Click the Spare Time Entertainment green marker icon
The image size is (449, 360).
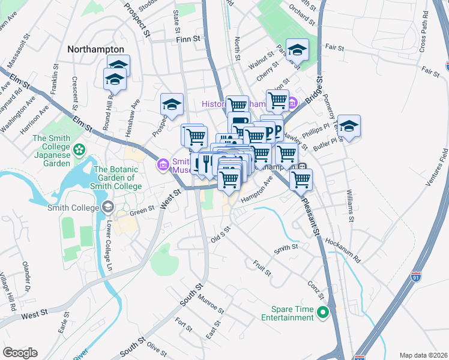click(323, 312)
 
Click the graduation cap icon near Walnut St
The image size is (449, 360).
click(297, 50)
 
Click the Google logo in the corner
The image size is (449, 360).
click(20, 353)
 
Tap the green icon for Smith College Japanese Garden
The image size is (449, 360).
click(79, 148)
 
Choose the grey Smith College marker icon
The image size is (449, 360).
click(107, 208)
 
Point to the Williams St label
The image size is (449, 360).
click(349, 205)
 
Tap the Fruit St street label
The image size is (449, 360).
click(262, 268)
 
